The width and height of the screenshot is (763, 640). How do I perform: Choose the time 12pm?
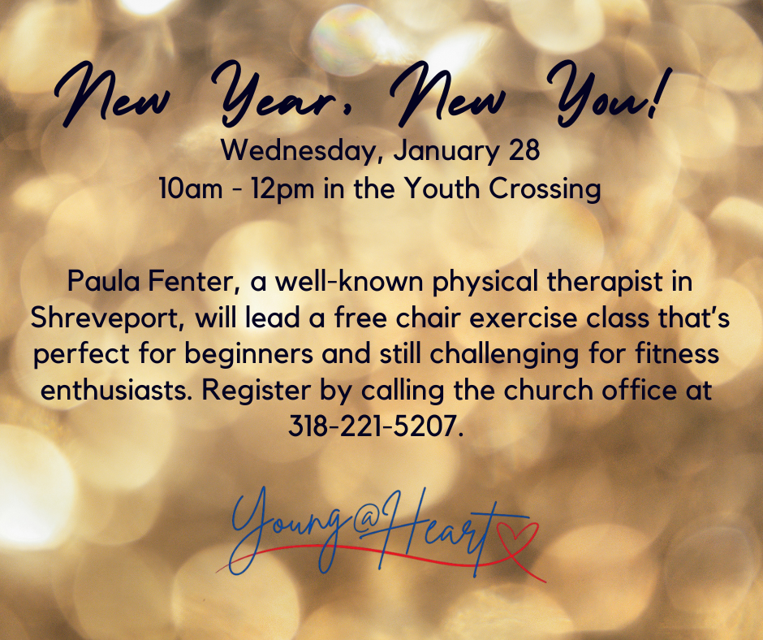tap(288, 189)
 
